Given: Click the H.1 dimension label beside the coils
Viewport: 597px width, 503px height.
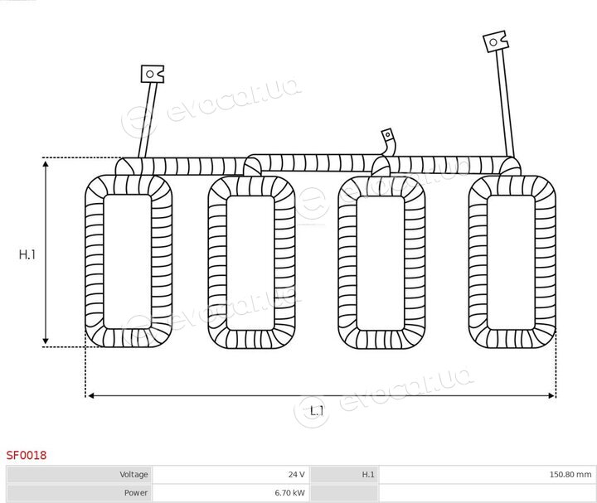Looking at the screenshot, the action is pyautogui.click(x=27, y=254).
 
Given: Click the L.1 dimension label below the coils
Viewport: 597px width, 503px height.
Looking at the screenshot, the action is pyautogui.click(x=317, y=411).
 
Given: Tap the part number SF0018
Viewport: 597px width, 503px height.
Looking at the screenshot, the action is pyautogui.click(x=27, y=455).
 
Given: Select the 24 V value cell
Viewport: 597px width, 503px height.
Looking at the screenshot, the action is pyautogui.click(x=231, y=474).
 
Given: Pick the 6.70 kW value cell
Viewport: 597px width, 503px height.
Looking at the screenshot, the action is pyautogui.click(x=231, y=492).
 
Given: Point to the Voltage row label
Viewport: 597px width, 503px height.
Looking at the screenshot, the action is pyautogui.click(x=133, y=474).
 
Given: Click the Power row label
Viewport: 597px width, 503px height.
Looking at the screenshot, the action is pyautogui.click(x=135, y=492).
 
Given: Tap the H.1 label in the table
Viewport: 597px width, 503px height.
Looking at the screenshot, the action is pyautogui.click(x=368, y=474).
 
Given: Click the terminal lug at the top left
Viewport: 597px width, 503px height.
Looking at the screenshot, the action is pyautogui.click(x=153, y=74).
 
